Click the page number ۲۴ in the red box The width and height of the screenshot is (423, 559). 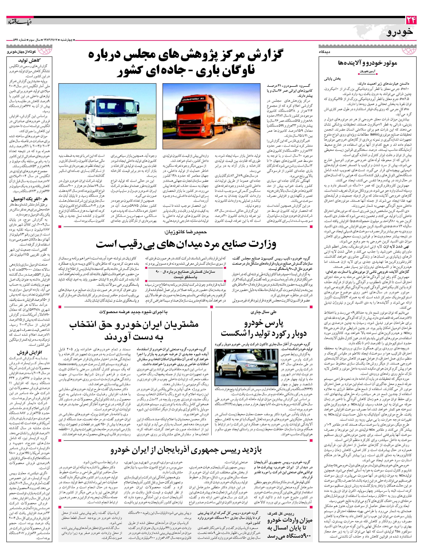tap(411, 20)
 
